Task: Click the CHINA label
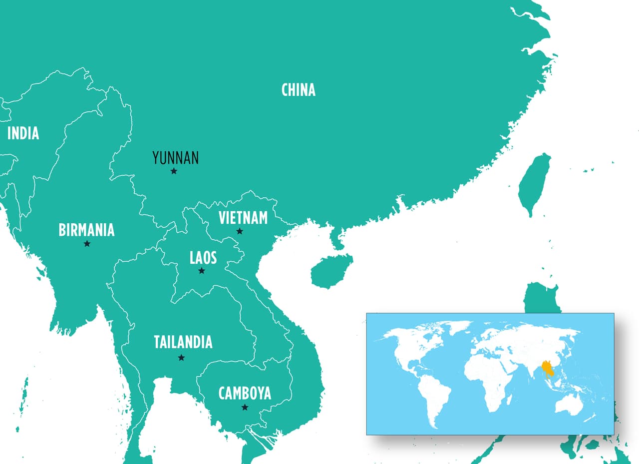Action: click(x=298, y=90)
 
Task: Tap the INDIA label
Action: click(x=23, y=133)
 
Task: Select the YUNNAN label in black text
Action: click(x=175, y=158)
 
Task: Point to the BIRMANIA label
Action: click(x=86, y=230)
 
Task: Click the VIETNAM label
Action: click(x=243, y=218)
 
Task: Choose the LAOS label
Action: click(x=203, y=258)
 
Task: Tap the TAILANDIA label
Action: click(x=183, y=342)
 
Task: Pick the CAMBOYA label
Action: click(x=245, y=393)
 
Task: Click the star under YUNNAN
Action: click(x=174, y=171)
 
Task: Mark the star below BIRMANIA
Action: click(x=87, y=244)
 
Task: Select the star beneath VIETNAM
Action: click(x=240, y=231)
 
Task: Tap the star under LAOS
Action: click(x=202, y=271)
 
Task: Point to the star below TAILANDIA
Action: click(x=181, y=358)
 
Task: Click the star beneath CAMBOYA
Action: click(x=245, y=408)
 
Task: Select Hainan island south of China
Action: click(x=330, y=271)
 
